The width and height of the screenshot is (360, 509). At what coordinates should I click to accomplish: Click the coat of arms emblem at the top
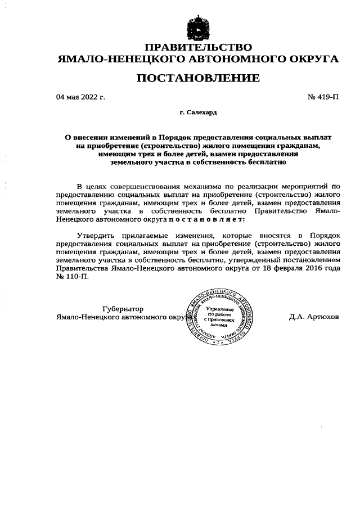pos(198,28)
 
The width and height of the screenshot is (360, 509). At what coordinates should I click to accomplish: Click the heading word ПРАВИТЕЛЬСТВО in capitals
pos(198,47)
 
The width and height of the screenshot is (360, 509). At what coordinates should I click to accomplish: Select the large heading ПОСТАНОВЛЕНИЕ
pos(198,78)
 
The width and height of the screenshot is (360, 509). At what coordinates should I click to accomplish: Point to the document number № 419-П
pos(323,97)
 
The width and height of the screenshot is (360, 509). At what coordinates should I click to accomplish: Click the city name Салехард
pos(201,113)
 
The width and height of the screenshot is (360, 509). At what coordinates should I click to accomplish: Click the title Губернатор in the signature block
pos(123,309)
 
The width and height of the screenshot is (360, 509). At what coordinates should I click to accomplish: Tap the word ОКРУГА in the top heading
pos(311,58)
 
